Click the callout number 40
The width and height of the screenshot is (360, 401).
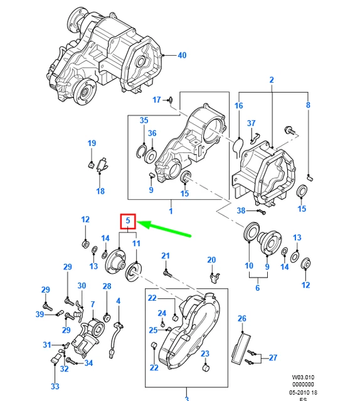[181, 56]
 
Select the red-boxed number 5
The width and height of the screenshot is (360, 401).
[128, 221]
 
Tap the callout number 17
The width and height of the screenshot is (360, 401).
[157, 100]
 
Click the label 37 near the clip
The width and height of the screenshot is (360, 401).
[251, 123]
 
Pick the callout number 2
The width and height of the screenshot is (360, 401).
[272, 80]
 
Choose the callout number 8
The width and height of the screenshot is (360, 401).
[308, 105]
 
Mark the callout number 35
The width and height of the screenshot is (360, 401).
[144, 120]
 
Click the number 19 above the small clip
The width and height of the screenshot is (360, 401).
[92, 143]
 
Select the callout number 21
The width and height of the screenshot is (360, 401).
[166, 256]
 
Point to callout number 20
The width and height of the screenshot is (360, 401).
[211, 260]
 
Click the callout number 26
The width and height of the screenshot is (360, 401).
[242, 319]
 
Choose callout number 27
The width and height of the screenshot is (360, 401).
[272, 358]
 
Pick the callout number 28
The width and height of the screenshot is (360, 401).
[107, 286]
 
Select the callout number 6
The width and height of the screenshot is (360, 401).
[257, 288]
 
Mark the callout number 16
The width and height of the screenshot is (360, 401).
[239, 106]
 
